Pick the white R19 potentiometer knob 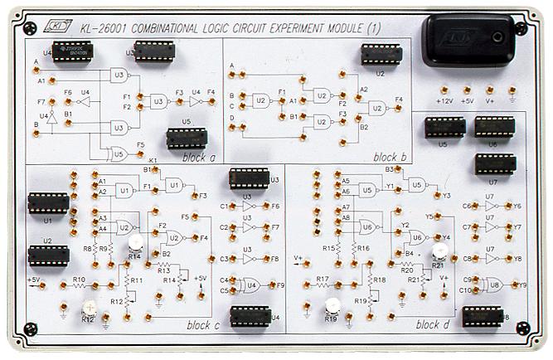pos(332,305)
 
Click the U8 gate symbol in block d pos(494,284)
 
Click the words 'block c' pos(202,326)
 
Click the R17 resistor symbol pos(323,286)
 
